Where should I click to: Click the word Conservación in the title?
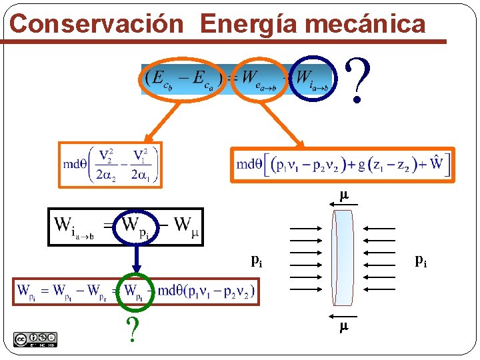[97, 24]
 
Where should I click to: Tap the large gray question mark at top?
[358, 80]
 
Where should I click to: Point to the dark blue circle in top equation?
[313, 78]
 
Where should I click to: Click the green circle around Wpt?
[137, 291]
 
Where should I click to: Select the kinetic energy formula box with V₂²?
[110, 164]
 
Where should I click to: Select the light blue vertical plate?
[343, 261]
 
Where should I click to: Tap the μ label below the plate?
[344, 327]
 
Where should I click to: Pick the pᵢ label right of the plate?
[421, 260]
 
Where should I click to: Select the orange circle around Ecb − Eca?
[183, 78]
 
